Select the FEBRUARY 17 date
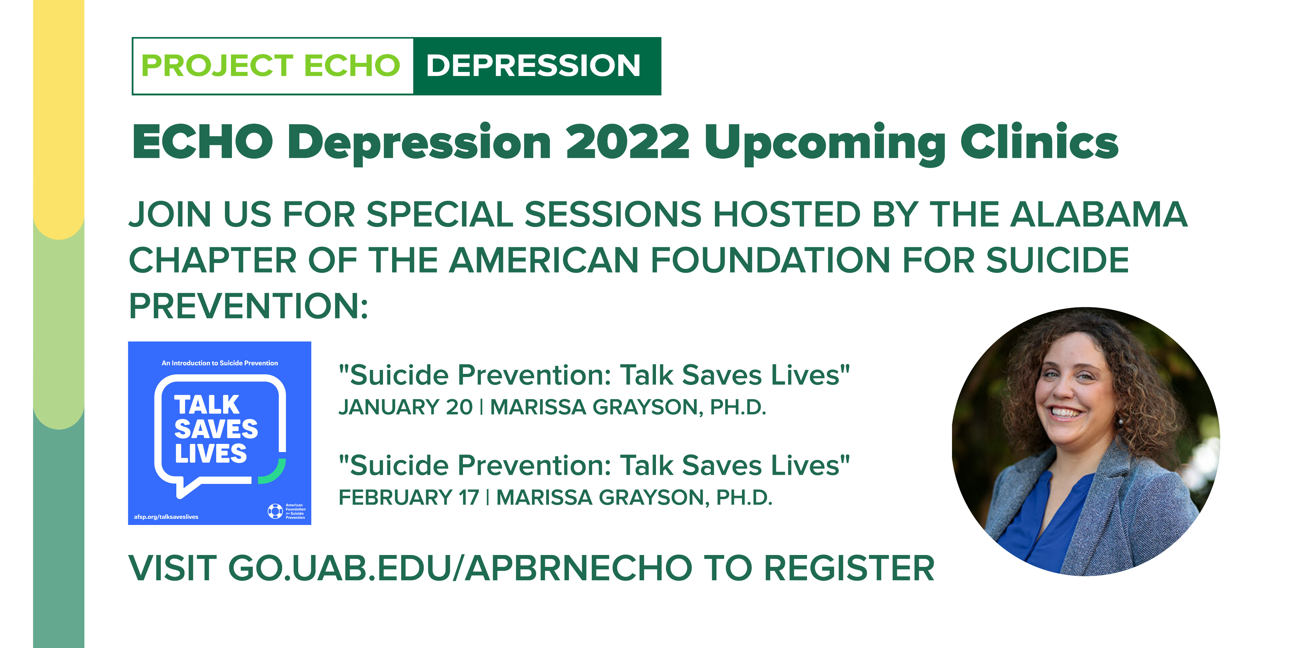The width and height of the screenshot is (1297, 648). pos(409,498)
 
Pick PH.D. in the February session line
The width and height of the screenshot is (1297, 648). pos(744,498)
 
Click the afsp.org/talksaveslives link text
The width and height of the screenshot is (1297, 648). pos(166,517)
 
